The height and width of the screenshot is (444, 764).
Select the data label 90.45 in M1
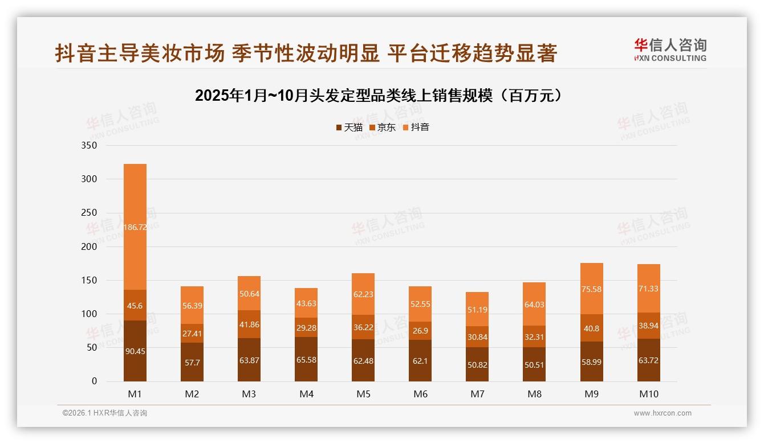[135, 351]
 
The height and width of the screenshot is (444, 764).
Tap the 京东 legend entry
[383, 128]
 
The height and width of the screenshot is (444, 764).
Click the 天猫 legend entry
[350, 128]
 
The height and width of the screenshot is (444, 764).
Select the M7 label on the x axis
[477, 394]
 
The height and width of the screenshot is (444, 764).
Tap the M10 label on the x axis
[649, 394]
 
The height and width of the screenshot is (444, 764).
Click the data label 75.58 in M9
[592, 289]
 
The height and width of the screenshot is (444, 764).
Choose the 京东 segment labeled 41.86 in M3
[249, 324]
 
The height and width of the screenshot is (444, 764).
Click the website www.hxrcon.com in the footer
[663, 413]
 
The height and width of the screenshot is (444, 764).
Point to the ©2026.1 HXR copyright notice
[105, 413]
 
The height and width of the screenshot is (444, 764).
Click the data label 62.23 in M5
[363, 294]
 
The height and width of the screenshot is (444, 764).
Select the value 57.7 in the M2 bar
[192, 362]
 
